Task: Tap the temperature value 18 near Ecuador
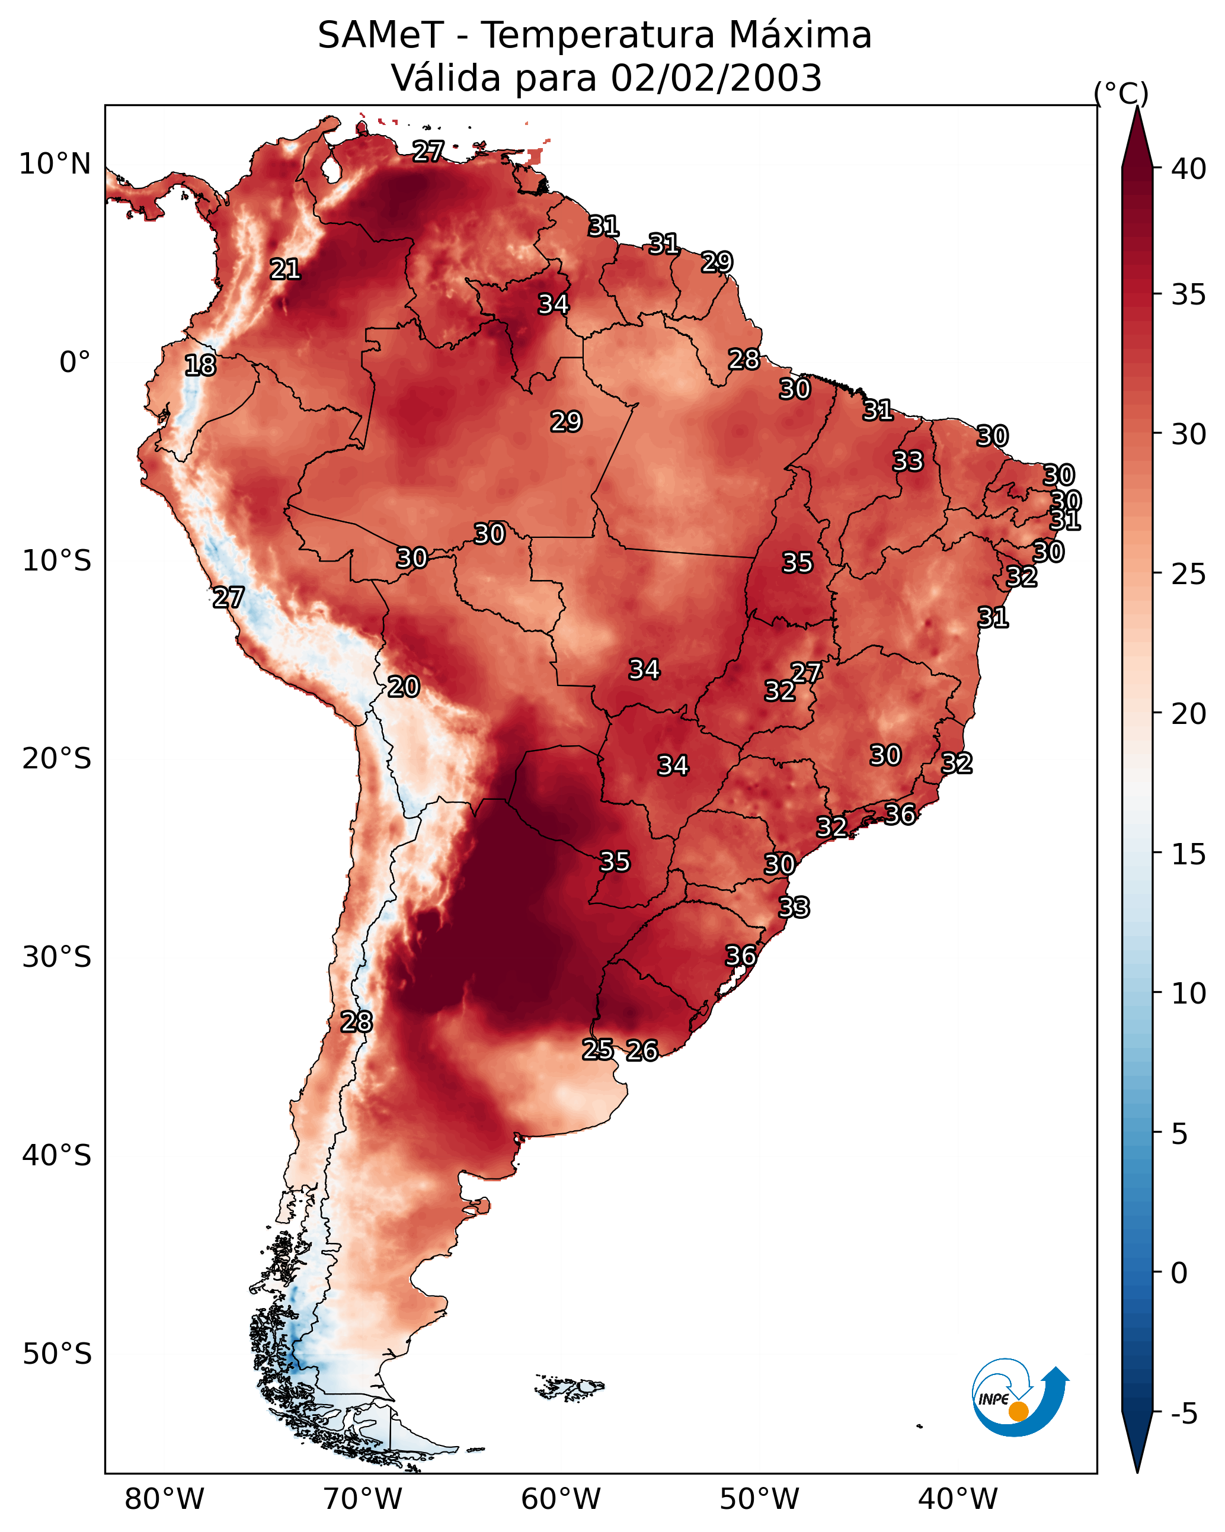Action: (x=200, y=366)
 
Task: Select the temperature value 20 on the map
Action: (x=403, y=687)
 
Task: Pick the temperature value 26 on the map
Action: (x=642, y=1050)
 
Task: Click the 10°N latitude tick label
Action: (x=55, y=164)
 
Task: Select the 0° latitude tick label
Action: (x=75, y=363)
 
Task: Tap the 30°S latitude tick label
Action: (x=57, y=957)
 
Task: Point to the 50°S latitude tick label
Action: (x=57, y=1354)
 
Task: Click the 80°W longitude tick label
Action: (x=164, y=1499)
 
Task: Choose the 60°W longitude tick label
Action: (x=561, y=1499)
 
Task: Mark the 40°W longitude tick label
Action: (x=958, y=1499)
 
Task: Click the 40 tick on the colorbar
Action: (x=1189, y=169)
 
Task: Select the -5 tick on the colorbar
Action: (x=1185, y=1414)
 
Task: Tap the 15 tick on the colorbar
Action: (x=1189, y=854)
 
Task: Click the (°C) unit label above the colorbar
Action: (x=1121, y=93)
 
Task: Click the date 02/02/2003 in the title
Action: (x=716, y=78)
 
